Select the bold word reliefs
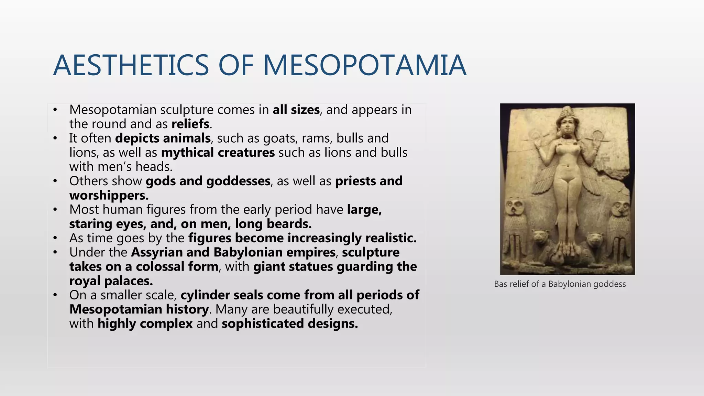pyautogui.click(x=190, y=124)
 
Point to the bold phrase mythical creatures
pyautogui.click(x=218, y=153)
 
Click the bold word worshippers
pyautogui.click(x=109, y=195)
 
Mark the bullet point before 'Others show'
pyautogui.click(x=55, y=181)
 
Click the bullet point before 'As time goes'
pyautogui.click(x=55, y=238)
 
